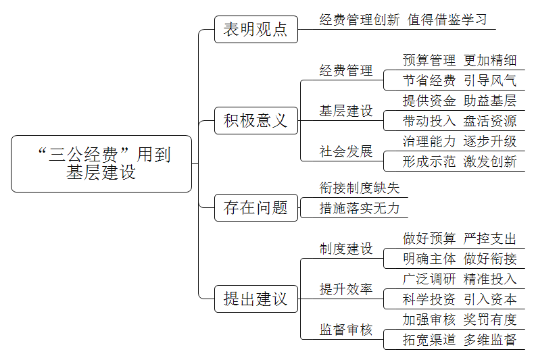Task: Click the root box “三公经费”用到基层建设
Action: tap(101, 163)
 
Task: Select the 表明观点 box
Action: tap(256, 29)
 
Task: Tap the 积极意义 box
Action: tap(256, 121)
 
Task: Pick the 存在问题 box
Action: tap(256, 207)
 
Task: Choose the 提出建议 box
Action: tap(256, 299)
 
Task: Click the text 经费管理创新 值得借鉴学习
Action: tap(403, 20)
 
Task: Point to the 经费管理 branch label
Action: tap(346, 70)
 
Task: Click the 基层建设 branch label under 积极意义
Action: tap(346, 111)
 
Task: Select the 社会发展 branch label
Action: tap(346, 151)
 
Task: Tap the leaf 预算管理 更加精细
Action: tap(460, 60)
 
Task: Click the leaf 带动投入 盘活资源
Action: tap(460, 121)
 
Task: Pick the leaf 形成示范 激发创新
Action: tap(460, 161)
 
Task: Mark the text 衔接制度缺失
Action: tap(360, 188)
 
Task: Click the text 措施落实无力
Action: tap(360, 208)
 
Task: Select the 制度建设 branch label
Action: tap(346, 249)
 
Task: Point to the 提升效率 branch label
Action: tap(346, 289)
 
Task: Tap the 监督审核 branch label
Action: tap(346, 330)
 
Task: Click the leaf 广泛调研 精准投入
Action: tap(460, 279)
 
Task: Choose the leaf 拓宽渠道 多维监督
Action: tap(460, 340)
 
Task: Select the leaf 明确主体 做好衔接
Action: tap(460, 259)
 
